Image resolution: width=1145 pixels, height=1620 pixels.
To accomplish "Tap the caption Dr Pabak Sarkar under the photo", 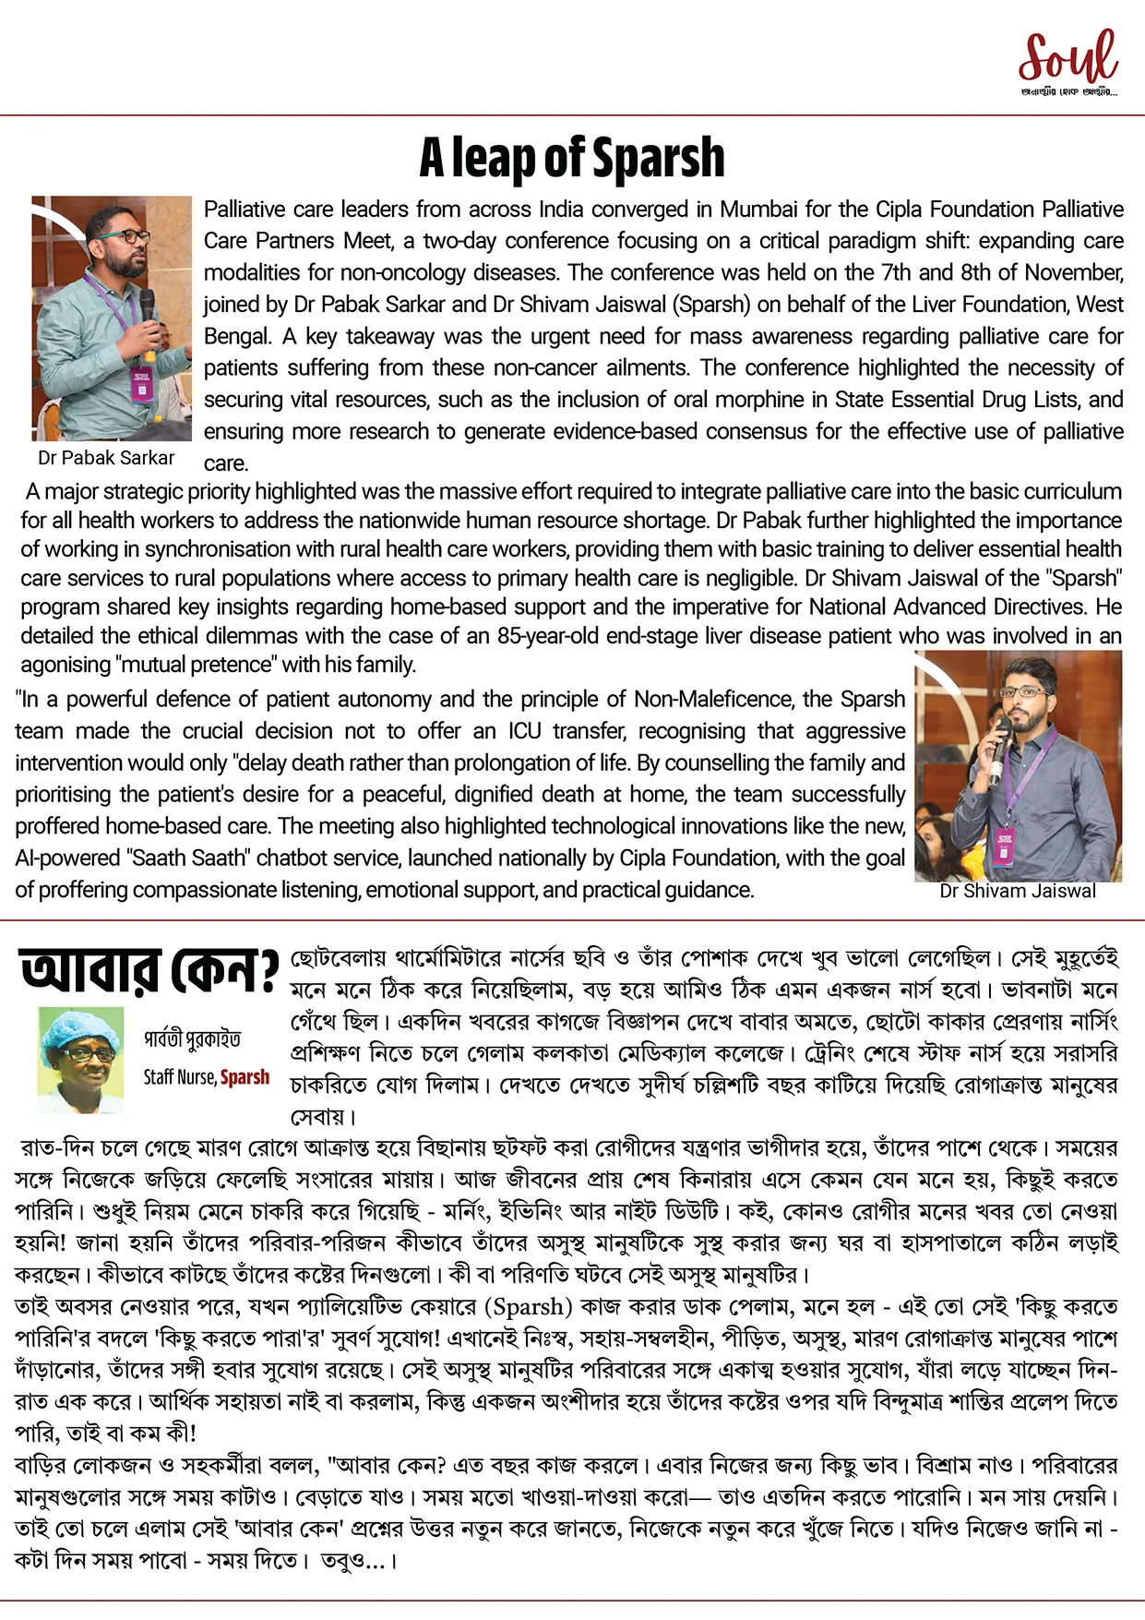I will tap(106, 458).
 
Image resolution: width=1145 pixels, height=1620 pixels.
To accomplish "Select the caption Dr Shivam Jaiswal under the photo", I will tap(1018, 891).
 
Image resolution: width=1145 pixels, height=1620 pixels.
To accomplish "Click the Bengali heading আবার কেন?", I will tap(149, 971).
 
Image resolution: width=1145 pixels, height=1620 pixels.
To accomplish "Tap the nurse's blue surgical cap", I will tap(81, 1026).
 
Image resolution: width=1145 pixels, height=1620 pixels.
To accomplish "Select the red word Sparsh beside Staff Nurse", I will tap(245, 1077).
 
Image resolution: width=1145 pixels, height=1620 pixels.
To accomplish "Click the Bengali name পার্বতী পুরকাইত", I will tap(192, 1039).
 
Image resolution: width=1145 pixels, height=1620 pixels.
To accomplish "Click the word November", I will tap(1072, 273).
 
